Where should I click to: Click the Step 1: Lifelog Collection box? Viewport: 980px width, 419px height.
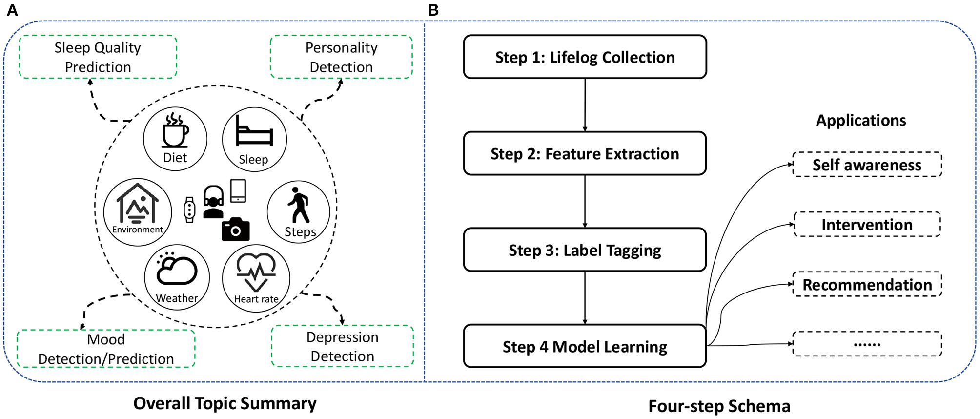585,57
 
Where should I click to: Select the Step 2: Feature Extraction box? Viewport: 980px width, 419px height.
585,153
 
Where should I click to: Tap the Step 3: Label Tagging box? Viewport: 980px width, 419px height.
585,250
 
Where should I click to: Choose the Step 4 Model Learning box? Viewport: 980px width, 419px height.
585,346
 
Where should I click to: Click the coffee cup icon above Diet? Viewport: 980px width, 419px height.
175,131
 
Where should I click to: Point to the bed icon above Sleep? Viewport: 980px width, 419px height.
254,131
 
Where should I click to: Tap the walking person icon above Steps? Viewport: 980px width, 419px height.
299,205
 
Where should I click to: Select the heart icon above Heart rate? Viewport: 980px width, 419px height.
256,272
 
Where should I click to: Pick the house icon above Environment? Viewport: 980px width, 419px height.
138,204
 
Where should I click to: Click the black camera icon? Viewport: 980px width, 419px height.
235,230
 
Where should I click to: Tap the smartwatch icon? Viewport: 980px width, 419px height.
189,210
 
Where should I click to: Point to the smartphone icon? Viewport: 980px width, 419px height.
238,190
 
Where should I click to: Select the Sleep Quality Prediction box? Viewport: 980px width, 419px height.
98,57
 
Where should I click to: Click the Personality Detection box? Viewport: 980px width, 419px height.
341,57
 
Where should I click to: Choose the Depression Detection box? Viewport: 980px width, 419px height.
342,346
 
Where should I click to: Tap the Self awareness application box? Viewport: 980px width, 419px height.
867,165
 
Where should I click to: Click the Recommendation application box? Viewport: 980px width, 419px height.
867,284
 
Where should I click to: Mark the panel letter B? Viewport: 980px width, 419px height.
433,10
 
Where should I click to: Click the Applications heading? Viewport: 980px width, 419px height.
861,120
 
